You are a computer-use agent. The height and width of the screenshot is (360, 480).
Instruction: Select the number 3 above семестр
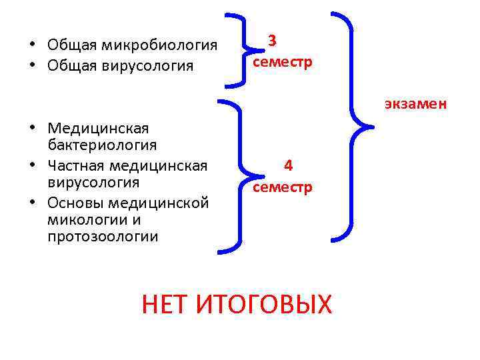point(272,41)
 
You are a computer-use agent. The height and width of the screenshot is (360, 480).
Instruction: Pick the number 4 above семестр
point(288,165)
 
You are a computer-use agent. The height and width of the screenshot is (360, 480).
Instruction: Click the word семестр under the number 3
point(282,61)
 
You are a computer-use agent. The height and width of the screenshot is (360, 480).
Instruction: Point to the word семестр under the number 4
point(282,187)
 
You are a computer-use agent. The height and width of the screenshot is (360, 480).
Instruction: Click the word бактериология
point(102,145)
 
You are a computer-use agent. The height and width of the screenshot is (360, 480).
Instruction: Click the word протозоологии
point(103,237)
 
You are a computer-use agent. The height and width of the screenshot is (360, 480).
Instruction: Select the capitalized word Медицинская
point(98,127)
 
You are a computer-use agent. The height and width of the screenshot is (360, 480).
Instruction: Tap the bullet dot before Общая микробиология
point(31,45)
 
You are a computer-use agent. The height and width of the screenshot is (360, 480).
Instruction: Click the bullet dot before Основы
point(31,201)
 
